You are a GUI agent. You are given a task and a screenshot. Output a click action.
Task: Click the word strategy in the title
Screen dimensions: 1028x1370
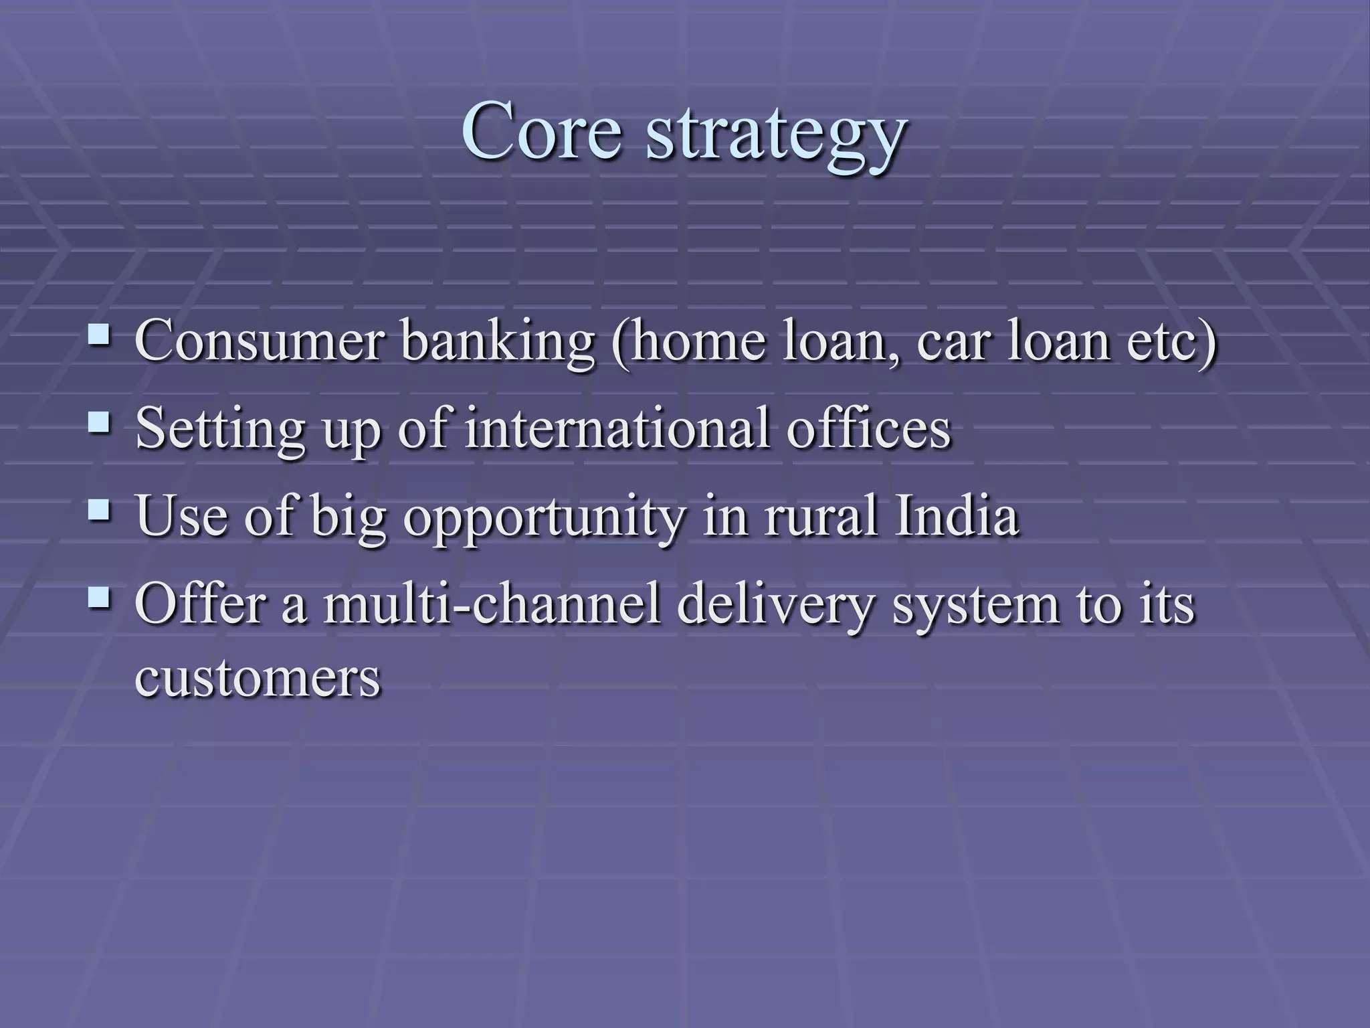point(776,137)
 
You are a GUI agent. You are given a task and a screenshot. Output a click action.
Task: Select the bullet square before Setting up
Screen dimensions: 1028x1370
point(100,422)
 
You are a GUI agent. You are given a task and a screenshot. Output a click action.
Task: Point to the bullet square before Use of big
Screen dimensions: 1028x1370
point(100,511)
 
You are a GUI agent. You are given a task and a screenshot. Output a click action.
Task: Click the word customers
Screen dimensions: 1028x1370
point(258,679)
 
